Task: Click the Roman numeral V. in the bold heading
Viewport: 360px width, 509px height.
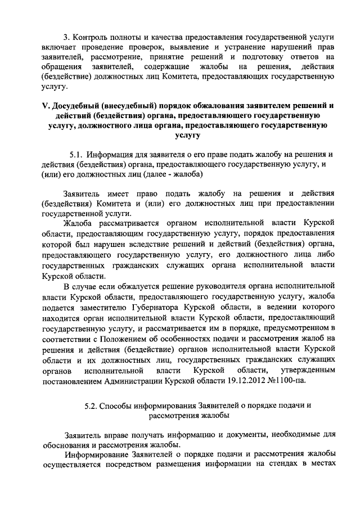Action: click(x=48, y=105)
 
